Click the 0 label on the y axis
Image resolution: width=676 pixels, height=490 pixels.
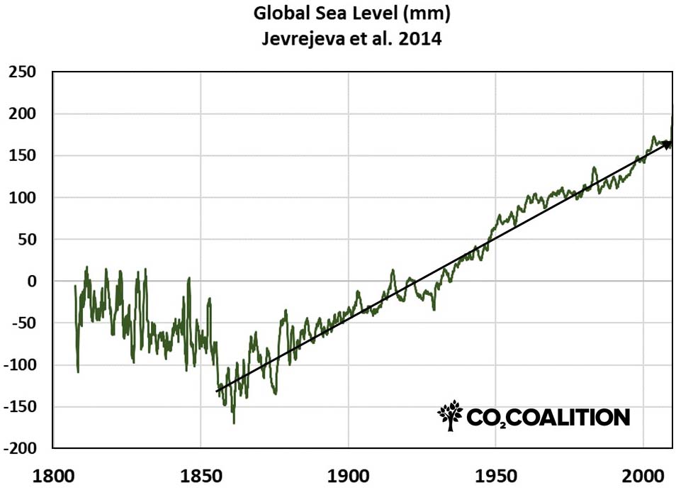pos(30,282)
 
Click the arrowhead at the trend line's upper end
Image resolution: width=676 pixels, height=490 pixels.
pos(667,144)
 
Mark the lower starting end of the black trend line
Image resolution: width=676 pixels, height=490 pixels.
pos(217,391)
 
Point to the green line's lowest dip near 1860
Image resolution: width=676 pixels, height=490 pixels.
pos(234,423)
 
